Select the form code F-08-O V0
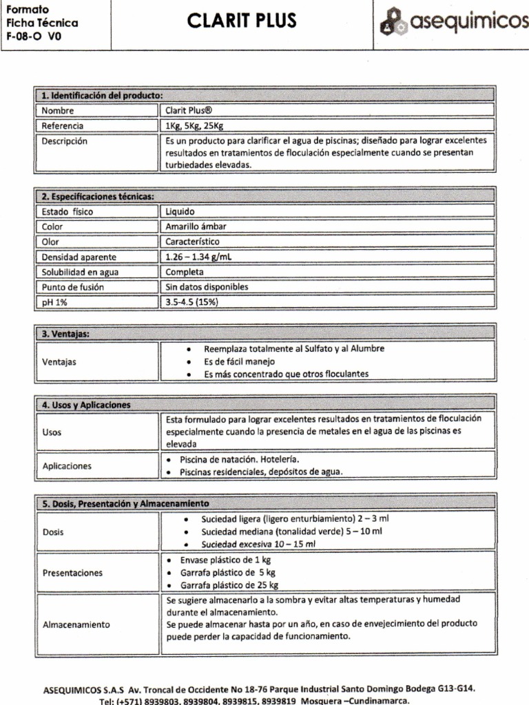pyautogui.click(x=34, y=38)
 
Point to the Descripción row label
pyautogui.click(x=65, y=140)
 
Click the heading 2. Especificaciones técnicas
pyautogui.click(x=97, y=196)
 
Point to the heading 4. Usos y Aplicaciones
pyautogui.click(x=87, y=405)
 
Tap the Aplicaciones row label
pyautogui.click(x=67, y=466)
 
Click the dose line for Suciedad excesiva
pyautogui.click(x=258, y=544)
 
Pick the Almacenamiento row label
pyautogui.click(x=76, y=624)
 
